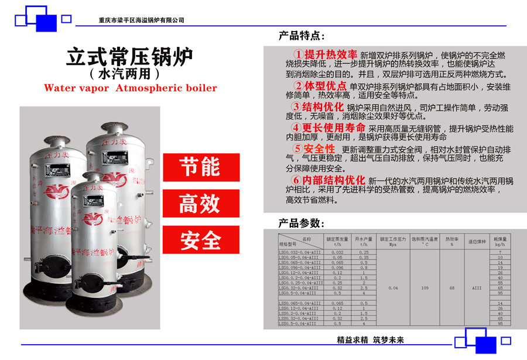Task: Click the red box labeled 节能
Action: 201,167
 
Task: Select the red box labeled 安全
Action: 201,239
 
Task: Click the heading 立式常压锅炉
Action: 129,57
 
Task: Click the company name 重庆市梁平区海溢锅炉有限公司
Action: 142,20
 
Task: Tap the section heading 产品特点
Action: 302,36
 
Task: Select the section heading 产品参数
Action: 302,223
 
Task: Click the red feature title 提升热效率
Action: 331,54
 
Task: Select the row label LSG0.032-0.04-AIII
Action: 300,252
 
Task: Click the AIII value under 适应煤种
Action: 477,288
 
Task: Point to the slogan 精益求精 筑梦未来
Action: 371,340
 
